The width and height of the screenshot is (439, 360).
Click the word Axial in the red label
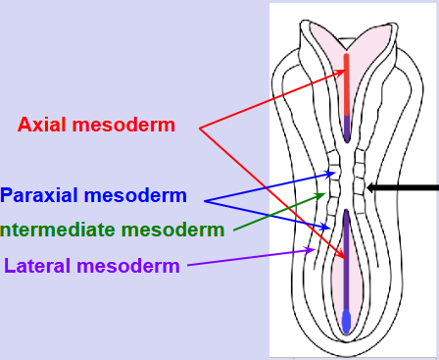pyautogui.click(x=45, y=126)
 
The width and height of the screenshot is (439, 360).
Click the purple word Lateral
pyautogui.click(x=38, y=265)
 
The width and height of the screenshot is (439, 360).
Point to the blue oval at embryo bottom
pyautogui.click(x=347, y=321)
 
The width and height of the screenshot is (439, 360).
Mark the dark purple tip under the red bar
pyautogui.click(x=348, y=126)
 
